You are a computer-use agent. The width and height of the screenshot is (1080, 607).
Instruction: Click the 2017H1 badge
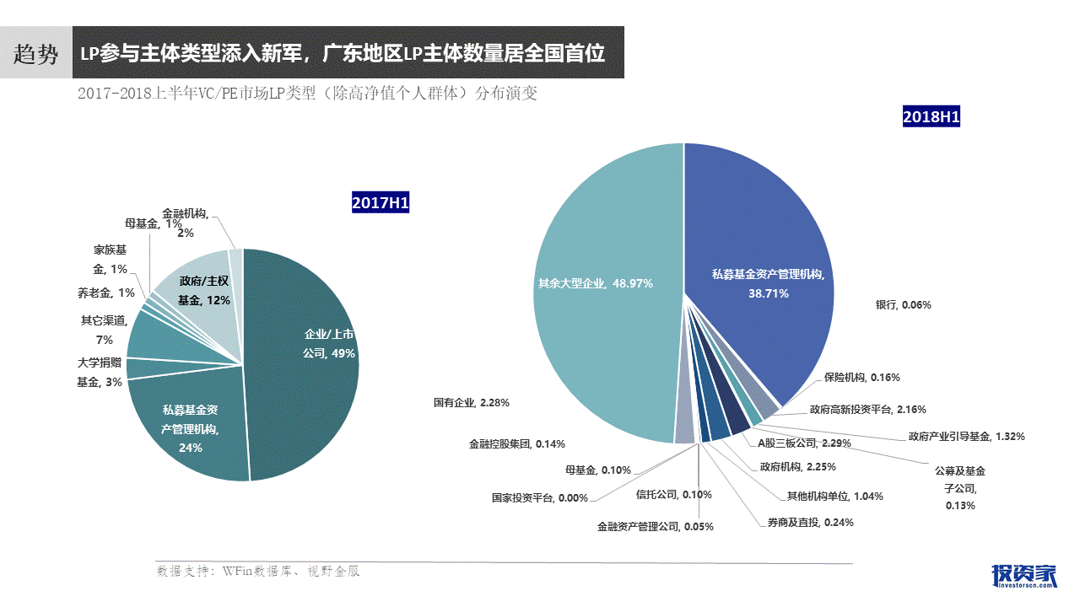point(380,202)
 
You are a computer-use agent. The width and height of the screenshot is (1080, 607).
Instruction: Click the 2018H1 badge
point(931,116)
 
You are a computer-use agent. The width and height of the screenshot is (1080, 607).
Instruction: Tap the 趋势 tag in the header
point(35,55)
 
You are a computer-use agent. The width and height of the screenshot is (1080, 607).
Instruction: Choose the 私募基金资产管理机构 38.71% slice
point(759,253)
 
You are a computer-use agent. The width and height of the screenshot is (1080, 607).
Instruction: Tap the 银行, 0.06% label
point(903,304)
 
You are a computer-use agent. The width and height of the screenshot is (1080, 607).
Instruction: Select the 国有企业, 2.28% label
point(472,403)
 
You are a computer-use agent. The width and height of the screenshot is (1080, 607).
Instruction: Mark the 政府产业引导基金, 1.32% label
point(966,437)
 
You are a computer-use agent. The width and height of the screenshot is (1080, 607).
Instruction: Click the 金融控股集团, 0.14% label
point(516,443)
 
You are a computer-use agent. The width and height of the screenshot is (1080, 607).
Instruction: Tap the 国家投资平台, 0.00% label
point(540,497)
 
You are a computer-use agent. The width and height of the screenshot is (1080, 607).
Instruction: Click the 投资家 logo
point(1023,575)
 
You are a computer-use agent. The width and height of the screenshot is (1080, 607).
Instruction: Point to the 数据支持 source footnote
point(258,571)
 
